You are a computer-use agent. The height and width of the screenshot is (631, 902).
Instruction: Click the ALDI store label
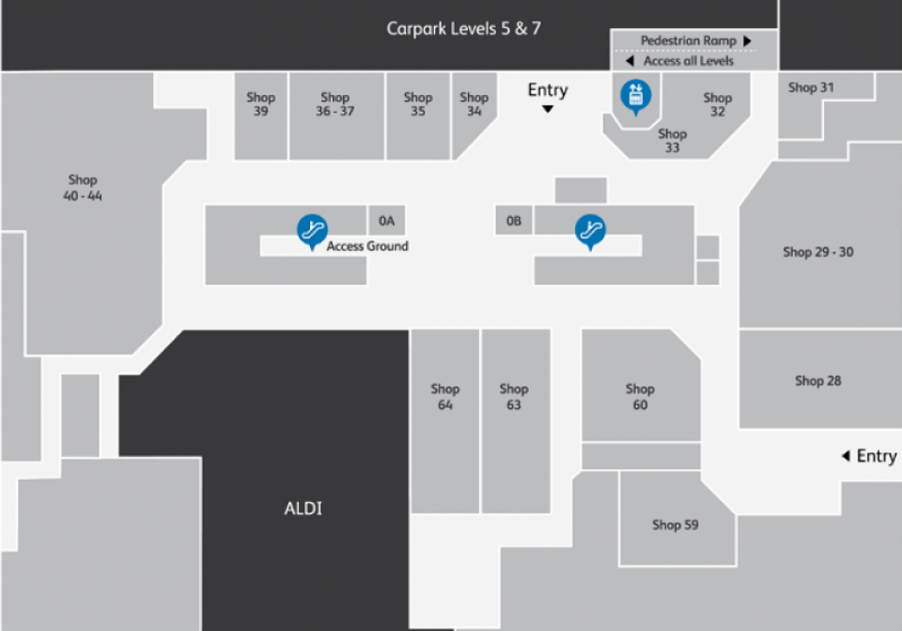coord(303,509)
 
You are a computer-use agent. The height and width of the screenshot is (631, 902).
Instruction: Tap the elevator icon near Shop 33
coord(636,97)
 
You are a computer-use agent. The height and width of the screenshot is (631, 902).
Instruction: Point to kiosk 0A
coord(386,221)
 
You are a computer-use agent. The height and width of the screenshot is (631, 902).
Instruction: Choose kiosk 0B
coord(514,221)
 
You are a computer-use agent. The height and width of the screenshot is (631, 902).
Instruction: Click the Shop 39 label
coord(260,104)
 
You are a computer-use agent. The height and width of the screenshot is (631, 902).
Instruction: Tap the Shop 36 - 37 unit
coord(336,115)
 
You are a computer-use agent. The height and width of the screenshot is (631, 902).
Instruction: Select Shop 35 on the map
coord(418,115)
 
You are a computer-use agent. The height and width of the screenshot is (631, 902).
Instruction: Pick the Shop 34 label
coord(474,104)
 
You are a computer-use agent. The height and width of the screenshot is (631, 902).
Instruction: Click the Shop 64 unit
coord(444,422)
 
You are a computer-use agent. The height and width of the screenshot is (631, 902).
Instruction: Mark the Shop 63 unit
coord(516,422)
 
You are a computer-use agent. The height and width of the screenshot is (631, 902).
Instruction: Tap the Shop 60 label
coord(640,396)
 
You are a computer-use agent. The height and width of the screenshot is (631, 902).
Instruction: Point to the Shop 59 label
coord(676,525)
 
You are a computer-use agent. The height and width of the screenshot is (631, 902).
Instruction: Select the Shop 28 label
coord(818,380)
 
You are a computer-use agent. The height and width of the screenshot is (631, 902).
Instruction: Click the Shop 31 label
coord(811,87)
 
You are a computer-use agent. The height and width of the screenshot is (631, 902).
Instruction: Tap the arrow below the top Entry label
coord(548,109)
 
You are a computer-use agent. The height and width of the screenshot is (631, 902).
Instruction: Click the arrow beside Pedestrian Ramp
coord(747,40)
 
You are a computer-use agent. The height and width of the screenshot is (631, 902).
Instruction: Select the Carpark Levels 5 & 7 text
coord(463,29)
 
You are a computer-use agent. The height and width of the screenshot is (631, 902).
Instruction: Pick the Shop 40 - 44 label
coord(83,188)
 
